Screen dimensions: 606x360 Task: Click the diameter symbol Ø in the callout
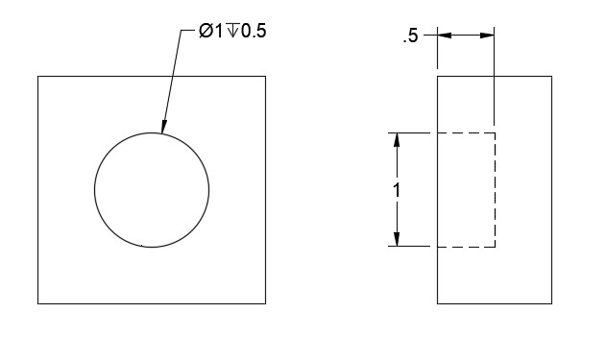206,31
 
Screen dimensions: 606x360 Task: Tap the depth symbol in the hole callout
232,31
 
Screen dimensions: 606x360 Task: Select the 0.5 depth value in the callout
254,31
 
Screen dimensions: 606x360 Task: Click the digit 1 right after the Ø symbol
219,31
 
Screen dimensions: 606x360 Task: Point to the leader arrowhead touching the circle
164,127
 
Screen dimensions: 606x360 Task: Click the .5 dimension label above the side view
410,36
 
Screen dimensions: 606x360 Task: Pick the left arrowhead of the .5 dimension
445,36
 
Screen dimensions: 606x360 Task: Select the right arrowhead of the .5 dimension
487,36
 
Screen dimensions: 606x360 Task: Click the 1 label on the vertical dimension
397,190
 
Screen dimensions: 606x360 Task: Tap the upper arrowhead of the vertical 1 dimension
397,140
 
